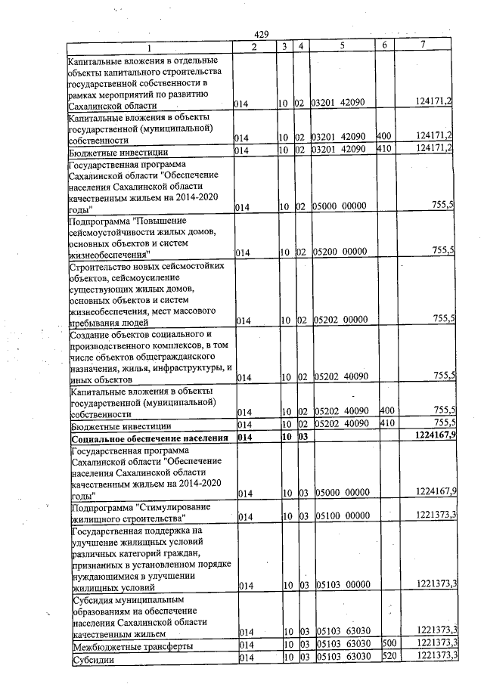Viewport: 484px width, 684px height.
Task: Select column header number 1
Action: coord(148,46)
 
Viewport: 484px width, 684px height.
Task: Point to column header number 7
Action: coord(422,46)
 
